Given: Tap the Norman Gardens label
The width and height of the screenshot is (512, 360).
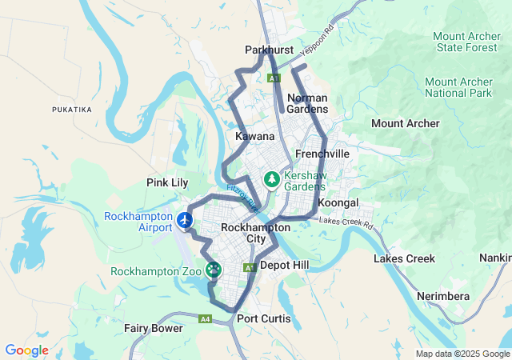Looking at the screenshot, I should point(307,103).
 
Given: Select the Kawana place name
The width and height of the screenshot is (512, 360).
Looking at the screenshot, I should point(255,137).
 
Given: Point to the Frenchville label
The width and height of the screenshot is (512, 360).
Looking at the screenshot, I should point(322,153).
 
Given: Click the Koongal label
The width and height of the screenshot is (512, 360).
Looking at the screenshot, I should point(338,203).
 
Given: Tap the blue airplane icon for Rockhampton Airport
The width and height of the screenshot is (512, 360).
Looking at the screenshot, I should point(186,218).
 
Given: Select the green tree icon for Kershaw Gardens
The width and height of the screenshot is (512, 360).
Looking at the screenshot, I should point(273,178).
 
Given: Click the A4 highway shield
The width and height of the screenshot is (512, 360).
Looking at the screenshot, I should point(206,319).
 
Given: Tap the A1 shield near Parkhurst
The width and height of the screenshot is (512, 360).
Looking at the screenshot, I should point(274,78).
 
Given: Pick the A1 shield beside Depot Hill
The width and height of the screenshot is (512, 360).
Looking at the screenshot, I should point(249,267).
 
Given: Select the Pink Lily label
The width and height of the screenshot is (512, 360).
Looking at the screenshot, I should point(167,182).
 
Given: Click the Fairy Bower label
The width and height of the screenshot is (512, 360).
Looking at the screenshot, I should point(153,328).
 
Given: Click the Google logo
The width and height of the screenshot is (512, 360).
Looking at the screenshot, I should point(26,350).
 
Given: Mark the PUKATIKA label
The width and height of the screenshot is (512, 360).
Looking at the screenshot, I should point(72,109).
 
